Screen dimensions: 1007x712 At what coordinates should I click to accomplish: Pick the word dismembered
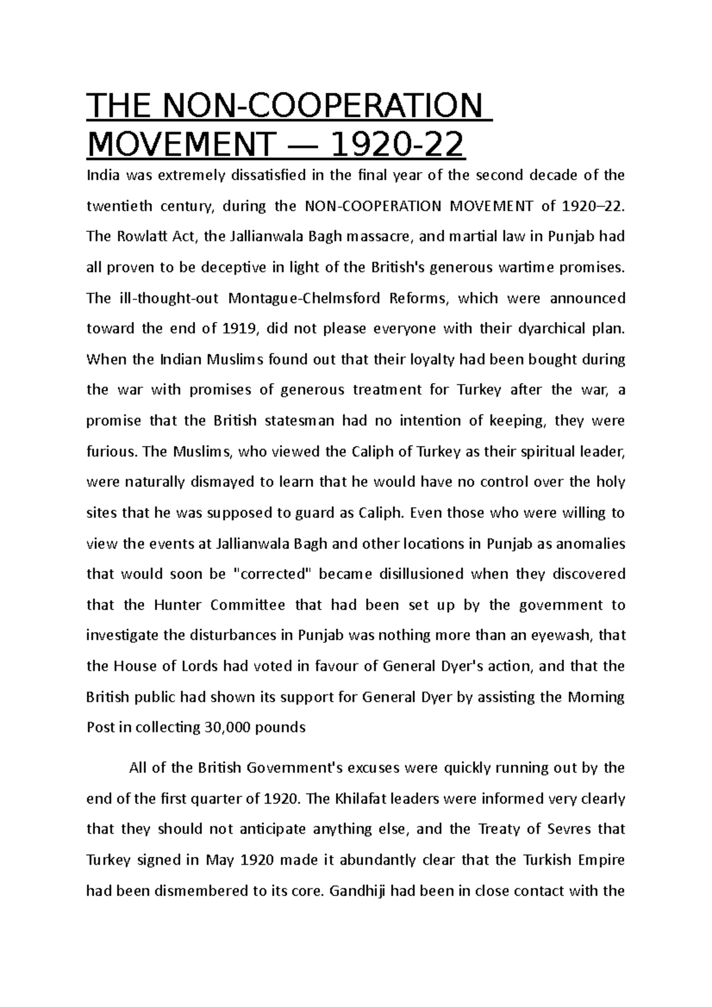click(200, 891)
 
